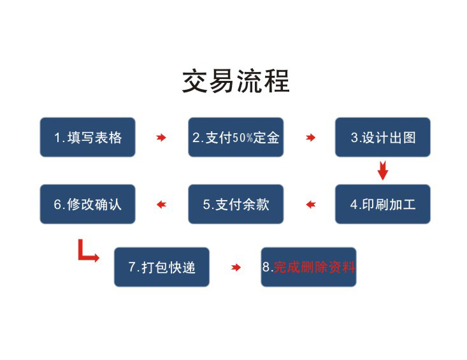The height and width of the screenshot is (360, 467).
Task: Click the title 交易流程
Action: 236,81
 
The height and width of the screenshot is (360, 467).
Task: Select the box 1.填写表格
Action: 87,137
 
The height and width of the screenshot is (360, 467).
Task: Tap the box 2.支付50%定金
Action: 236,137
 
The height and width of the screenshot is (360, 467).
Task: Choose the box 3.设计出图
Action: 383,137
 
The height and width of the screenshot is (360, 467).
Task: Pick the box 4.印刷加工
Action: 383,205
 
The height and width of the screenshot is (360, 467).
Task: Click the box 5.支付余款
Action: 236,205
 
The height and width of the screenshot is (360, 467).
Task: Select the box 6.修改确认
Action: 87,205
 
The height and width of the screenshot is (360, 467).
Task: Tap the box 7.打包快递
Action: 162,267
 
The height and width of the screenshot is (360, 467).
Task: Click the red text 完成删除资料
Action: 314,267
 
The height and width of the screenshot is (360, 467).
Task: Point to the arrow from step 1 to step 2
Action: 161,138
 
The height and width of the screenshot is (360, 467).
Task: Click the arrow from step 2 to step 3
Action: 310,138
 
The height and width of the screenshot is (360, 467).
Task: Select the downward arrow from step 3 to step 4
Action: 383,171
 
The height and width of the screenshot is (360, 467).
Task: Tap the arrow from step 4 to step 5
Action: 311,205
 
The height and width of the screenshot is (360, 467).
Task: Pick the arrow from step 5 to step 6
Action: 161,205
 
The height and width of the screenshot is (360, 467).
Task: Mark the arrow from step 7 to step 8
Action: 236,268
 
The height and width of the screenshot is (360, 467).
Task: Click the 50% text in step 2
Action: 243,138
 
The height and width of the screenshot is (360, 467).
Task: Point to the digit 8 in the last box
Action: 266,267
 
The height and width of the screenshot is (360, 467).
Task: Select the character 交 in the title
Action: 194,81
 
